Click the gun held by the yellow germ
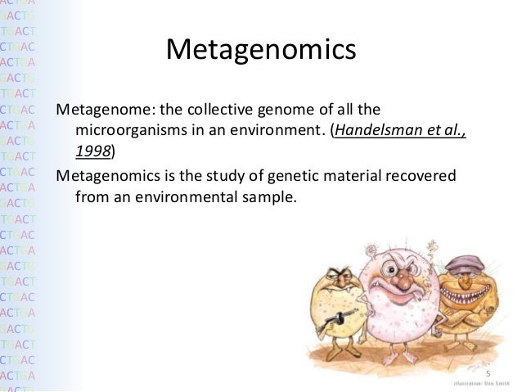[327, 316]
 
